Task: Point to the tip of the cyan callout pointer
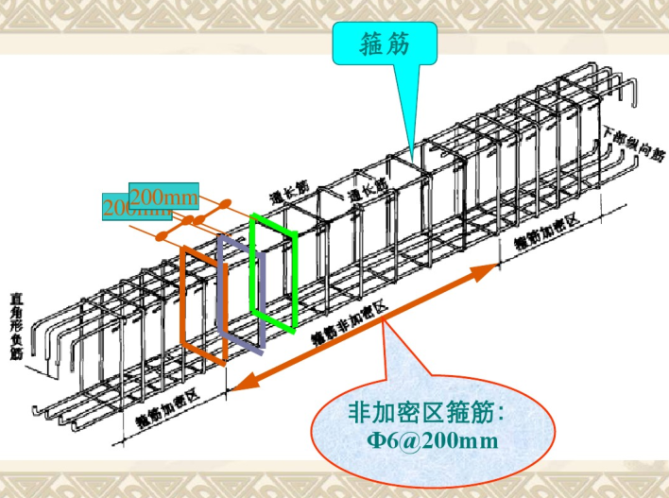coord(412,151)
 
